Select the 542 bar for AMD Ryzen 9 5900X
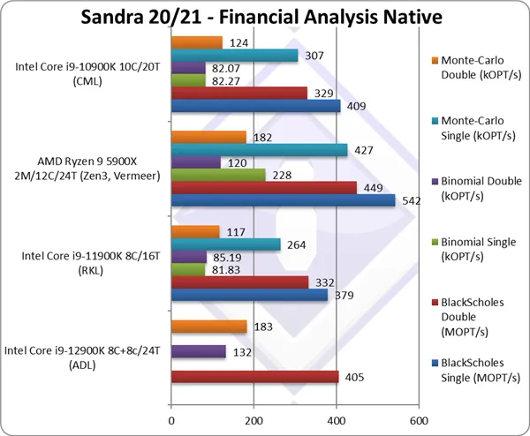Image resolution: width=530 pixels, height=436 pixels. click(x=283, y=200)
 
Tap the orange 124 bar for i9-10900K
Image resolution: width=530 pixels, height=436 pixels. click(x=196, y=42)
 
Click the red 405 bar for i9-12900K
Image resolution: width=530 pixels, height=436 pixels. click(x=254, y=377)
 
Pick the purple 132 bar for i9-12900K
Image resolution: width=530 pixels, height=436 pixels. click(x=198, y=351)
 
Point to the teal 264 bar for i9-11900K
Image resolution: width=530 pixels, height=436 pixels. click(x=225, y=244)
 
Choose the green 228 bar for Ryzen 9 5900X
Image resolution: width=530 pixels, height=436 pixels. click(x=217, y=175)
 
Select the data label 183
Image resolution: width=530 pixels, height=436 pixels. click(x=261, y=327)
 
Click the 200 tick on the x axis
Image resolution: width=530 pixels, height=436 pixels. click(x=254, y=420)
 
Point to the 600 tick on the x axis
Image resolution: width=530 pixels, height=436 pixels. click(x=419, y=420)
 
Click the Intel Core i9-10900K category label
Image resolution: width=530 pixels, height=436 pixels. click(x=86, y=74)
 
